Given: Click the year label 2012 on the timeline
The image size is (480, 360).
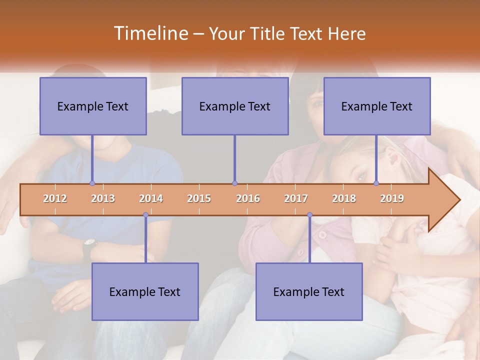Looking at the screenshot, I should (55, 198).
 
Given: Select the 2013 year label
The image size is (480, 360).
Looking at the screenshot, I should (103, 198).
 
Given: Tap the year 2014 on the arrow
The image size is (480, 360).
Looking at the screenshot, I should (151, 198).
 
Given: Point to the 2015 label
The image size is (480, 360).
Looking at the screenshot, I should (199, 198).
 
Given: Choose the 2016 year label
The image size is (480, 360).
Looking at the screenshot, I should (248, 198).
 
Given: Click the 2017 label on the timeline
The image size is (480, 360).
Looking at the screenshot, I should (296, 198).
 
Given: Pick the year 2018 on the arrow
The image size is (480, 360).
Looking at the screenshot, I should (344, 198).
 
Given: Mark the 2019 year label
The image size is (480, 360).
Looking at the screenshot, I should (392, 198).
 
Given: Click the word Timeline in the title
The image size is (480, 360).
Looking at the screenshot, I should (150, 33).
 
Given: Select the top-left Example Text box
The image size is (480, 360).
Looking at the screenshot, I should (93, 106).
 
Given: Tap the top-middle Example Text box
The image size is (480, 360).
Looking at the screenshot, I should (235, 106).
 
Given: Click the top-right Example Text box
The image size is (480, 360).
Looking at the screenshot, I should (377, 106).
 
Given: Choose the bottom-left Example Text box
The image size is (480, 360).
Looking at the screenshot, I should (145, 291).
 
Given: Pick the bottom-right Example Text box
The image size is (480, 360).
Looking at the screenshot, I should (309, 291).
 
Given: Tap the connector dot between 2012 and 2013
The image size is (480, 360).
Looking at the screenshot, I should (92, 183).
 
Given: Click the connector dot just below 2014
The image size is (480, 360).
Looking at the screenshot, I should (145, 215).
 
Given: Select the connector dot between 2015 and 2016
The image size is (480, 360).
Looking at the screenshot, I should (234, 183).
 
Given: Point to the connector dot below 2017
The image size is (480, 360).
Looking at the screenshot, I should (309, 215).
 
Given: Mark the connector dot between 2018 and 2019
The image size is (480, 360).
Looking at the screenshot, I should (376, 183).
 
